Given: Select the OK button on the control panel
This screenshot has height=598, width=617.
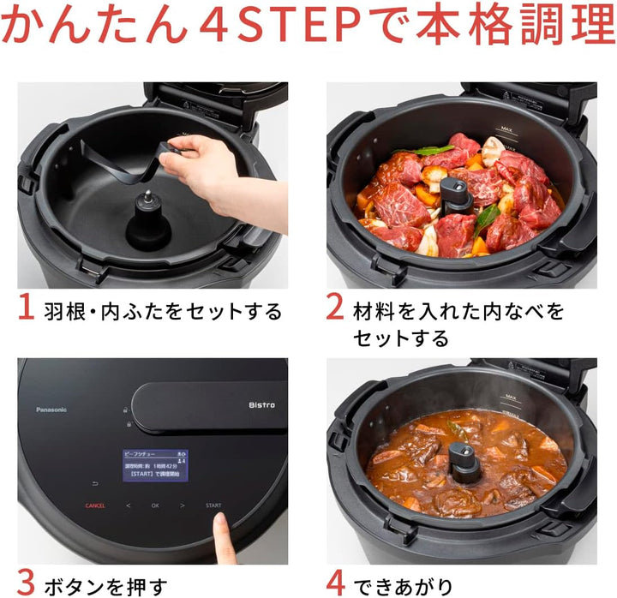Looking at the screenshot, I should click(155, 505).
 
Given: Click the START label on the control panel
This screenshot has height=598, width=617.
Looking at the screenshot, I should click(213, 505).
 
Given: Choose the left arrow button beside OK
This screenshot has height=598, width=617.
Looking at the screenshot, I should click(128, 505).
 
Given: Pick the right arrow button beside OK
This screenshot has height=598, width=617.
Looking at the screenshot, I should click(183, 505).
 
